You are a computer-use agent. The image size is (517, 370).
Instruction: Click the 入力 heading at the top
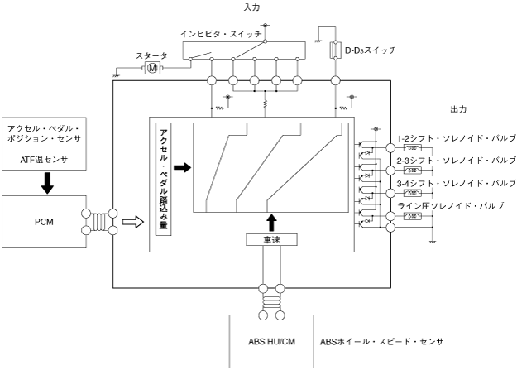coord(253,7)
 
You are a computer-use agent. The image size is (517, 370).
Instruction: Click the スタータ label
coord(151,55)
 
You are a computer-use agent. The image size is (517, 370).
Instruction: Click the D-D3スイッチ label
coord(369,50)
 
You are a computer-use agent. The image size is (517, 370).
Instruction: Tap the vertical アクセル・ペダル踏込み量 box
coord(162,179)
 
